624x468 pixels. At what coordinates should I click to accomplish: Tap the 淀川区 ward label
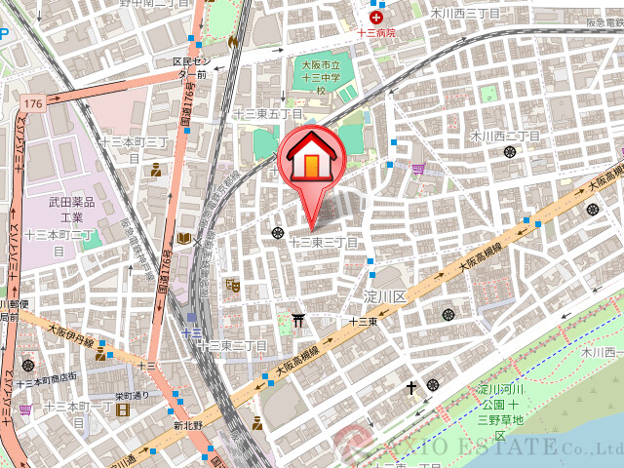click(x=383, y=295)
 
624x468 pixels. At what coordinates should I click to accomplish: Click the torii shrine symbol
click(x=299, y=318)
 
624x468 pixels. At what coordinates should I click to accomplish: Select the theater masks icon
click(x=232, y=286)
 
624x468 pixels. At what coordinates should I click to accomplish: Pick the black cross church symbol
click(x=413, y=388)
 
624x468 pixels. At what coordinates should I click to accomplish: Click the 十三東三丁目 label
click(x=325, y=241)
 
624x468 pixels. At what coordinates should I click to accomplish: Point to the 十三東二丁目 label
click(x=232, y=346)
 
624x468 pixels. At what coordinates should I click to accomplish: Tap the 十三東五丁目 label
click(x=267, y=114)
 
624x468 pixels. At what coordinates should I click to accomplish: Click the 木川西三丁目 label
click(x=465, y=14)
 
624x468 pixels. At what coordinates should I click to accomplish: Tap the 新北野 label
click(x=187, y=425)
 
